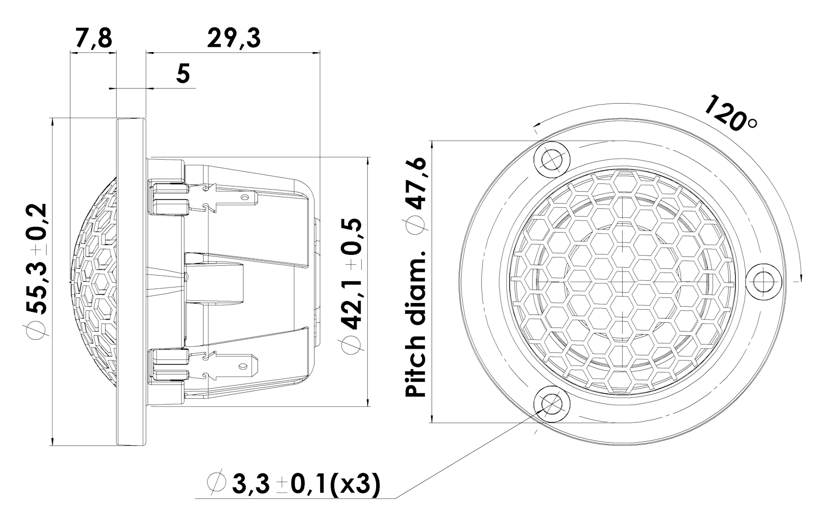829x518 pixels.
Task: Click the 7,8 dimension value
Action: (x=93, y=38)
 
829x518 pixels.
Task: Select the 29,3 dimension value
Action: (x=234, y=38)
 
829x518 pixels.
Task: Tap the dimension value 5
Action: (x=183, y=74)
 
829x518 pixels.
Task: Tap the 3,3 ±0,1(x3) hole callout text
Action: (x=306, y=484)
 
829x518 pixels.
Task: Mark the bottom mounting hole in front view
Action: (x=551, y=404)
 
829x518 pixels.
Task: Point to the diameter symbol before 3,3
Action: (x=215, y=483)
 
